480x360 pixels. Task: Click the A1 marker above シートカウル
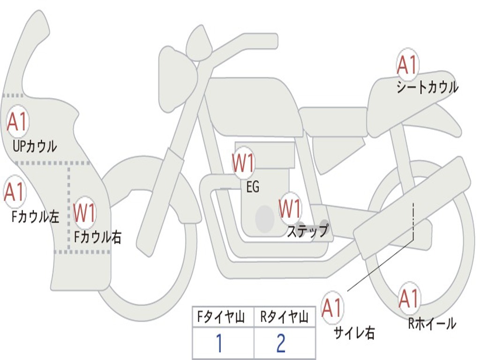pos(407,64)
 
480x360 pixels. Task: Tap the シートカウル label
pos(427,87)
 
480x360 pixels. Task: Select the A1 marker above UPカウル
pos(18,121)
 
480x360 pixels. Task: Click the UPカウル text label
pos(35,146)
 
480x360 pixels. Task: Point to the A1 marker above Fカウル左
pos(15,192)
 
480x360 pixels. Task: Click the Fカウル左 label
pos(36,217)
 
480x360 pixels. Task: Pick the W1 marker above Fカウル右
pos(84,212)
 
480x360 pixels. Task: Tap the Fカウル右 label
pos(98,237)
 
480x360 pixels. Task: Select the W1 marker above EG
pos(243,163)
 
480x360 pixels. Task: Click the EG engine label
pos(253,187)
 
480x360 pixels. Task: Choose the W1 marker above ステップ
pos(290,209)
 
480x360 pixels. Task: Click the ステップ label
pos(307,230)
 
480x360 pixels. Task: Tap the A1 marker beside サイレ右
pos(332,307)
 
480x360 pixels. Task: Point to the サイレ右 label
pos(354,333)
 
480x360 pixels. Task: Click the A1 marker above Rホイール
pos(410,298)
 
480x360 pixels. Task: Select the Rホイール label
pos(432,323)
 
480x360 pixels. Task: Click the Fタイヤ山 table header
pos(221,317)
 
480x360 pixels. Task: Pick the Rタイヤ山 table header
pos(284,317)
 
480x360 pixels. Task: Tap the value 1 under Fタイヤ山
pos(219,343)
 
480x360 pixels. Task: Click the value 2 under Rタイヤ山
pos(281,343)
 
